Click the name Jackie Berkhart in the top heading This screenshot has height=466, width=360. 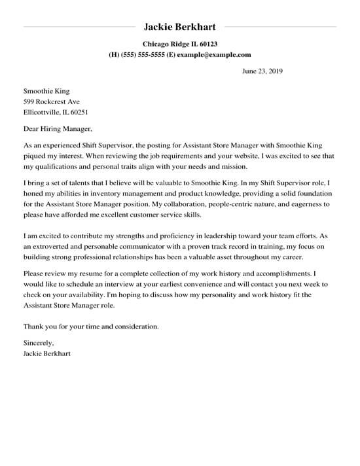coord(179,27)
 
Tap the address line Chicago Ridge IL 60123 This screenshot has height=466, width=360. coord(179,44)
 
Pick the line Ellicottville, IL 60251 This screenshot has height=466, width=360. coord(56,112)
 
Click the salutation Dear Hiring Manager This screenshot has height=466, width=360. coord(58,129)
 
